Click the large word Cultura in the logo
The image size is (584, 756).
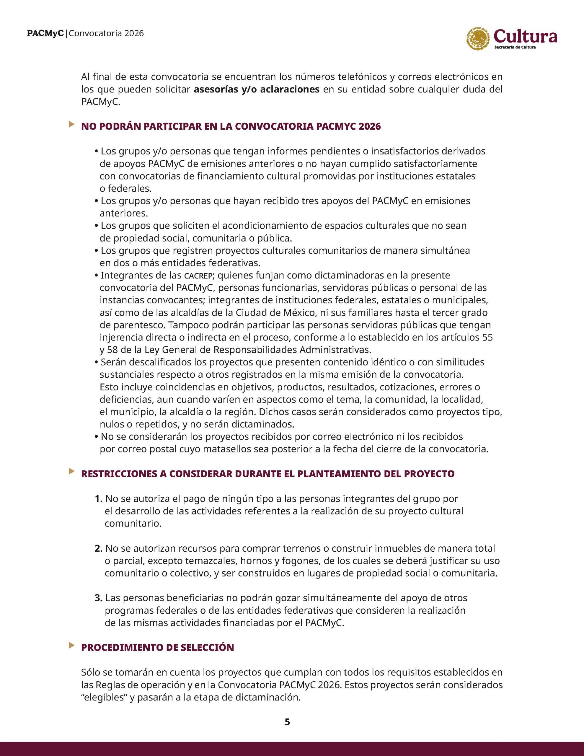pos(526,36)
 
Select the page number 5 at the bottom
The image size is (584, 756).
pos(287,722)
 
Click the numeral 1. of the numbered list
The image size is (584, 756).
pos(98,499)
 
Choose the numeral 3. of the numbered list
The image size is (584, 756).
pos(99,598)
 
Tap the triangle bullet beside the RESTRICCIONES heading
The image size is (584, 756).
pos(72,471)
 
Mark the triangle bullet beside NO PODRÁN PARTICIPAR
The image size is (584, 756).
pos(72,124)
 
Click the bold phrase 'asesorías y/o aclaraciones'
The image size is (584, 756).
pos(257,89)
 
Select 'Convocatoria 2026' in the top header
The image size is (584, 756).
pos(107,33)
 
